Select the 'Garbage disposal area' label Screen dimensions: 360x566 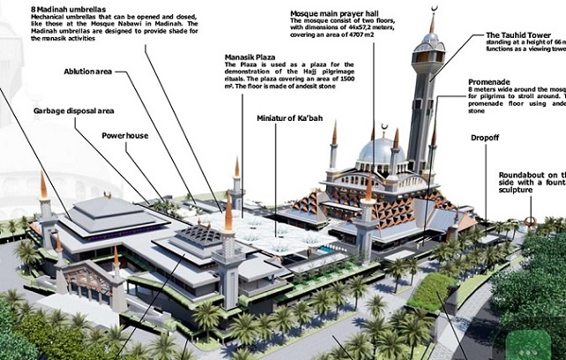click(x=74, y=111)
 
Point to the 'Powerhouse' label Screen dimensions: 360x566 click(x=124, y=137)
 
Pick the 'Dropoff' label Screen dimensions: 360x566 click(x=485, y=138)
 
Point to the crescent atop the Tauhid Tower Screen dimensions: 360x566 click(x=432, y=11)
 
